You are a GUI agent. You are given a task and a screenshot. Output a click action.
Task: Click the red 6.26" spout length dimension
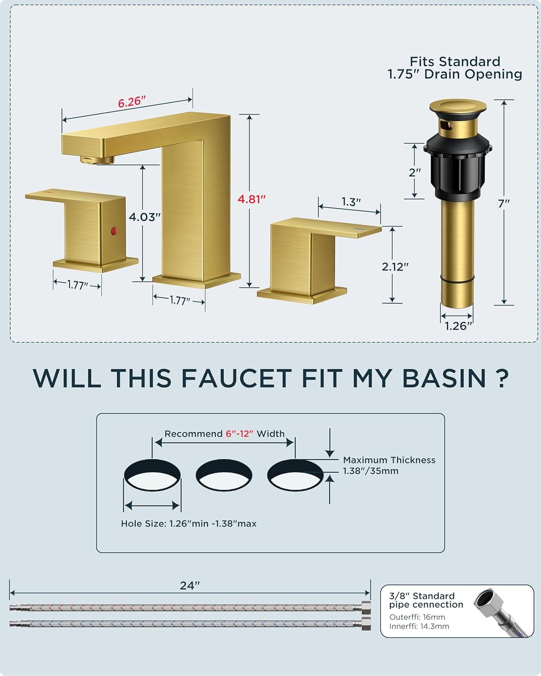click(132, 102)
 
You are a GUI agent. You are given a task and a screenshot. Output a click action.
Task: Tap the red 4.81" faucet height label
click(252, 199)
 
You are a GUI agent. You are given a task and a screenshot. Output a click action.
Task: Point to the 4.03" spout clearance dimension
click(145, 217)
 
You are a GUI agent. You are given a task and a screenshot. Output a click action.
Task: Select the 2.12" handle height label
click(395, 267)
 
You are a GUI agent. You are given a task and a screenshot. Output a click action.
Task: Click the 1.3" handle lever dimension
click(351, 202)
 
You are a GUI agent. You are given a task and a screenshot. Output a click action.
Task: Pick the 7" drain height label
click(504, 204)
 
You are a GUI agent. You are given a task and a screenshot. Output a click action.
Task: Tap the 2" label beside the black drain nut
click(415, 173)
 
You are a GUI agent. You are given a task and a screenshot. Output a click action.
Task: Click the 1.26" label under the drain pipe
click(458, 326)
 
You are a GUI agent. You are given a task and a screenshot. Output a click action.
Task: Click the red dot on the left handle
click(114, 231)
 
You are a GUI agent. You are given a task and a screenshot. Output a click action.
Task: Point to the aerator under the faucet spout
click(97, 160)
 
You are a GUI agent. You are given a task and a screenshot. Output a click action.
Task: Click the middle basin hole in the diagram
click(224, 475)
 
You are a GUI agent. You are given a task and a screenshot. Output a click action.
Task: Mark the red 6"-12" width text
click(239, 434)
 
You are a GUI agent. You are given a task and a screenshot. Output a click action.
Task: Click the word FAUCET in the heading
click(237, 378)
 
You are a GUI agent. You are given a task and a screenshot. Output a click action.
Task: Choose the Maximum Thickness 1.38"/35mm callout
click(389, 466)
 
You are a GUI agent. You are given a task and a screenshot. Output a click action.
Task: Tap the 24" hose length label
click(190, 585)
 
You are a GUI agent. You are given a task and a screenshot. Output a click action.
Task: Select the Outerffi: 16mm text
click(417, 617)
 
